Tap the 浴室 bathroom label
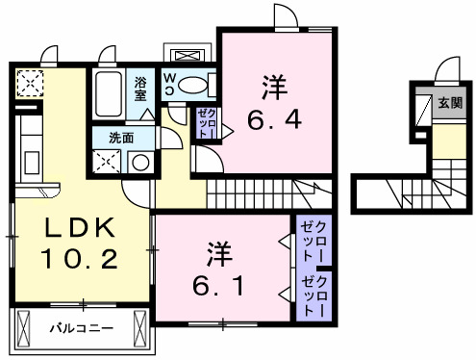140,89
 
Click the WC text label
167,85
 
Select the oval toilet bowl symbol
193,85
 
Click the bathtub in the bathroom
111,92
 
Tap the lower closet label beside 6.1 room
313,296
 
